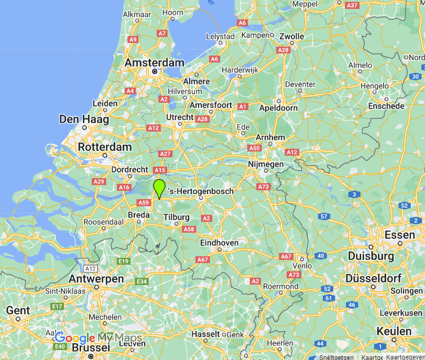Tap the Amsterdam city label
[x=155, y=62]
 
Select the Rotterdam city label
[x=105, y=147]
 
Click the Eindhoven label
[x=219, y=243]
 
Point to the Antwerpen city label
[x=96, y=279]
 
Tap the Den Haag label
[x=84, y=119]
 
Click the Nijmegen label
[x=266, y=164]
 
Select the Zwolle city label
[x=291, y=36]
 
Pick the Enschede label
[x=386, y=106]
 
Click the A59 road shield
[x=143, y=202]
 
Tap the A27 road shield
[x=165, y=154]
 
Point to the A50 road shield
[x=254, y=148]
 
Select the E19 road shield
[x=124, y=261]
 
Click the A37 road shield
[x=352, y=5]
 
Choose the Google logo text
[x=75, y=338]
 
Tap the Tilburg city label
[x=176, y=217]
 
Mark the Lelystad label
[x=221, y=37]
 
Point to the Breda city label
[x=139, y=215]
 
